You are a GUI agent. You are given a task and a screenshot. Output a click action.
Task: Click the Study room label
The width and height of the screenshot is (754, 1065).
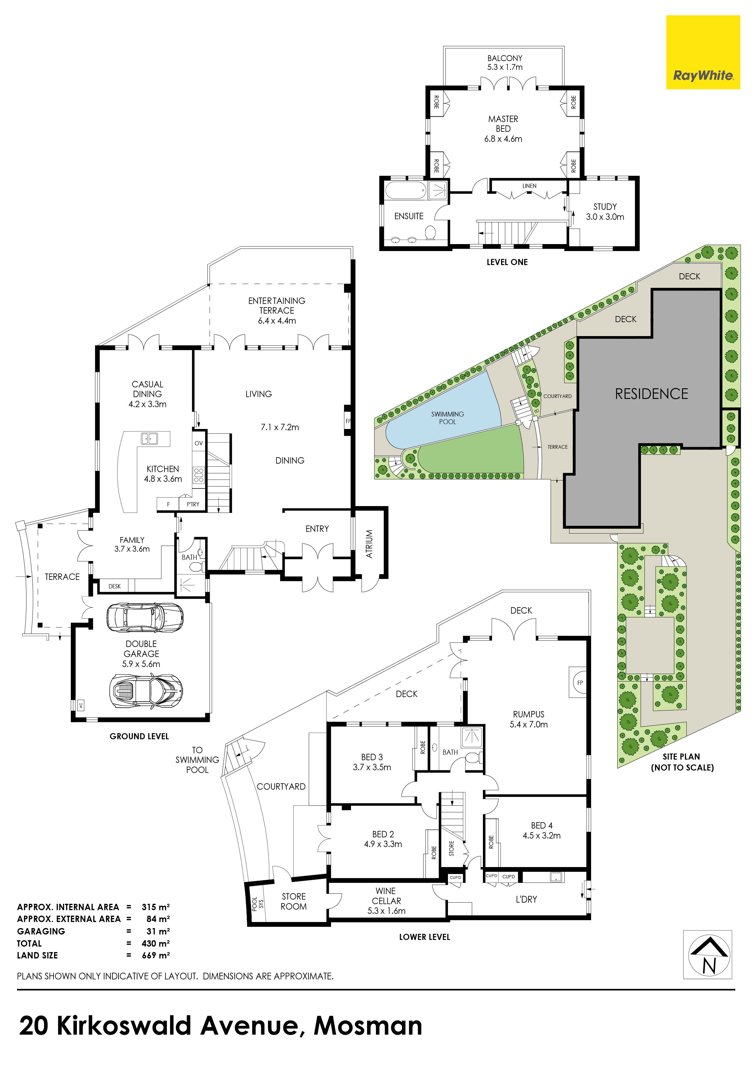605,212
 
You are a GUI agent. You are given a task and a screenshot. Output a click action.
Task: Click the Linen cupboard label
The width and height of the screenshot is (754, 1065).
529,186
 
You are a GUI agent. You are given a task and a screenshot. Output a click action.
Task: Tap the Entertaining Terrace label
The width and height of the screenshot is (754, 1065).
277,310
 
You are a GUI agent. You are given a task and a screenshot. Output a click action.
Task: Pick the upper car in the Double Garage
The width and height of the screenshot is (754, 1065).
145,618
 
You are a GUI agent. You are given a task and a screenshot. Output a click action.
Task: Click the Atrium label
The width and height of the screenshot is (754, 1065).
370,544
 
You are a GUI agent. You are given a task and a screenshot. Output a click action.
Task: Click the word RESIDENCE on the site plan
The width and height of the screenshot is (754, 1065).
651,394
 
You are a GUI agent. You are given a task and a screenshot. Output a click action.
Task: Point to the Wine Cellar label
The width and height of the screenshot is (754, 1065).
386,901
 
